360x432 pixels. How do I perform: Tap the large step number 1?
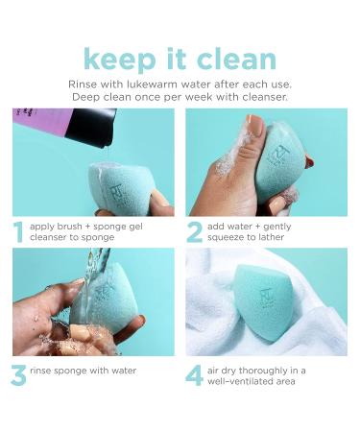pyautogui.click(x=17, y=231)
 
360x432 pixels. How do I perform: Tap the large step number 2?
pyautogui.click(x=196, y=231)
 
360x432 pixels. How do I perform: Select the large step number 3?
pyautogui.click(x=17, y=373)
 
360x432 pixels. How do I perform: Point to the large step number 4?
pyautogui.click(x=196, y=373)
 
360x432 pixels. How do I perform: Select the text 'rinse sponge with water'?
pyautogui.click(x=83, y=370)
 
